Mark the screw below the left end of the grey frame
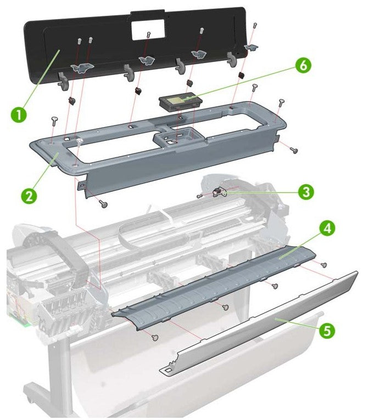pos(103,203)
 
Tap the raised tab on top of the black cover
pos(148,10)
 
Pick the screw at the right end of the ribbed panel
pos(324,265)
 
